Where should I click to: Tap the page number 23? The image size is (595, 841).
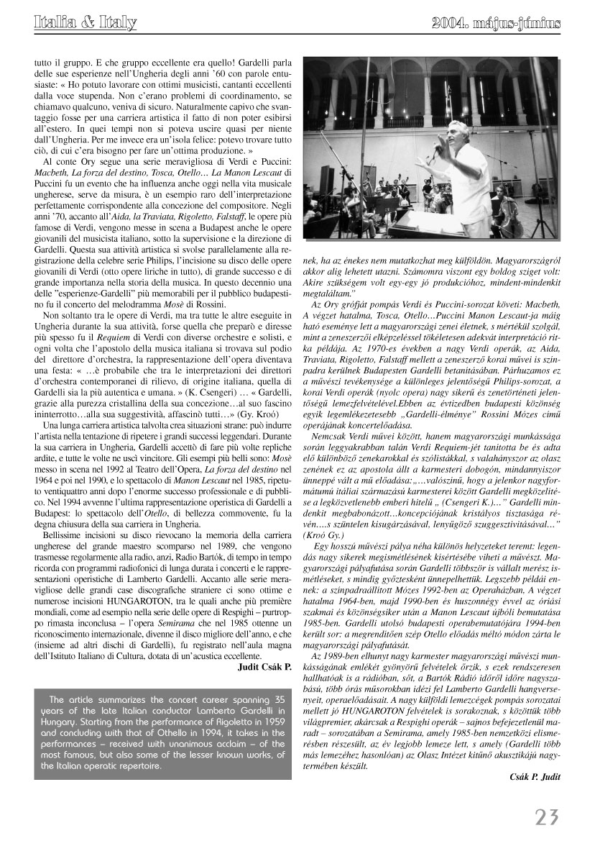546,817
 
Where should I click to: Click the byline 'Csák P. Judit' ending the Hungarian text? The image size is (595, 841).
533,776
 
